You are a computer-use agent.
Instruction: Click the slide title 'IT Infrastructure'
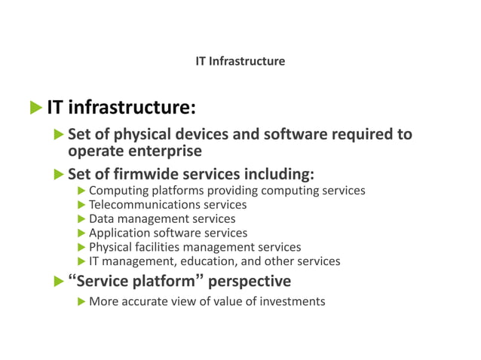(240, 61)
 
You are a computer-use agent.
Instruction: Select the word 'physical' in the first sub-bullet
(125, 135)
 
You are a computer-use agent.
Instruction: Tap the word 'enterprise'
(165, 151)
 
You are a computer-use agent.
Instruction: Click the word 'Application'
(119, 233)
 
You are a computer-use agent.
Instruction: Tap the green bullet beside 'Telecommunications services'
(82, 204)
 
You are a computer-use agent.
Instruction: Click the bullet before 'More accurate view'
(82, 301)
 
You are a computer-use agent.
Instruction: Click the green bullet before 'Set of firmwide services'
(60, 175)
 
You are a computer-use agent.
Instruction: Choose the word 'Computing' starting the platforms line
(118, 190)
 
